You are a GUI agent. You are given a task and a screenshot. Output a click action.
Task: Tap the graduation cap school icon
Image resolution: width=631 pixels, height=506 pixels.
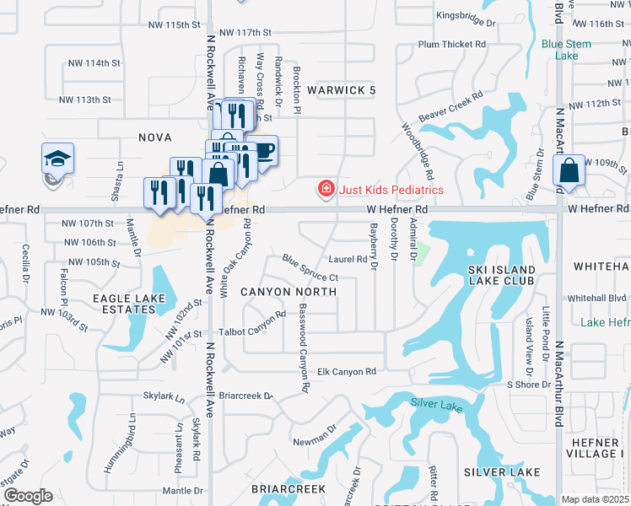click(x=58, y=159)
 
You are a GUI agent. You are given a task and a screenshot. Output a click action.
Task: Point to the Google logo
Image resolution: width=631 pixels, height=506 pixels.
click(x=27, y=496)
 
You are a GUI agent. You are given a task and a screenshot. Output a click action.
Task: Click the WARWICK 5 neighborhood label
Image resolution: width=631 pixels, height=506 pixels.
click(x=341, y=90)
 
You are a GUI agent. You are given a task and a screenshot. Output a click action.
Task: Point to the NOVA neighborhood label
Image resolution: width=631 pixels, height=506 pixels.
click(x=155, y=137)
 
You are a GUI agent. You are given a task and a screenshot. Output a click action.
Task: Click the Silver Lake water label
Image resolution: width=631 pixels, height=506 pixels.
click(x=437, y=406)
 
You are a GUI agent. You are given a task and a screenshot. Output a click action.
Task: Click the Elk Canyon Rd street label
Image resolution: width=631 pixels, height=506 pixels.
click(x=346, y=372)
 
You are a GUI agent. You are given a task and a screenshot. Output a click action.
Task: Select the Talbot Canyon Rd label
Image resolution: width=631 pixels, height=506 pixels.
click(x=248, y=332)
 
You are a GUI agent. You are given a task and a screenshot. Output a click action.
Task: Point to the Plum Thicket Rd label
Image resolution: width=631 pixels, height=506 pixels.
click(x=452, y=43)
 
